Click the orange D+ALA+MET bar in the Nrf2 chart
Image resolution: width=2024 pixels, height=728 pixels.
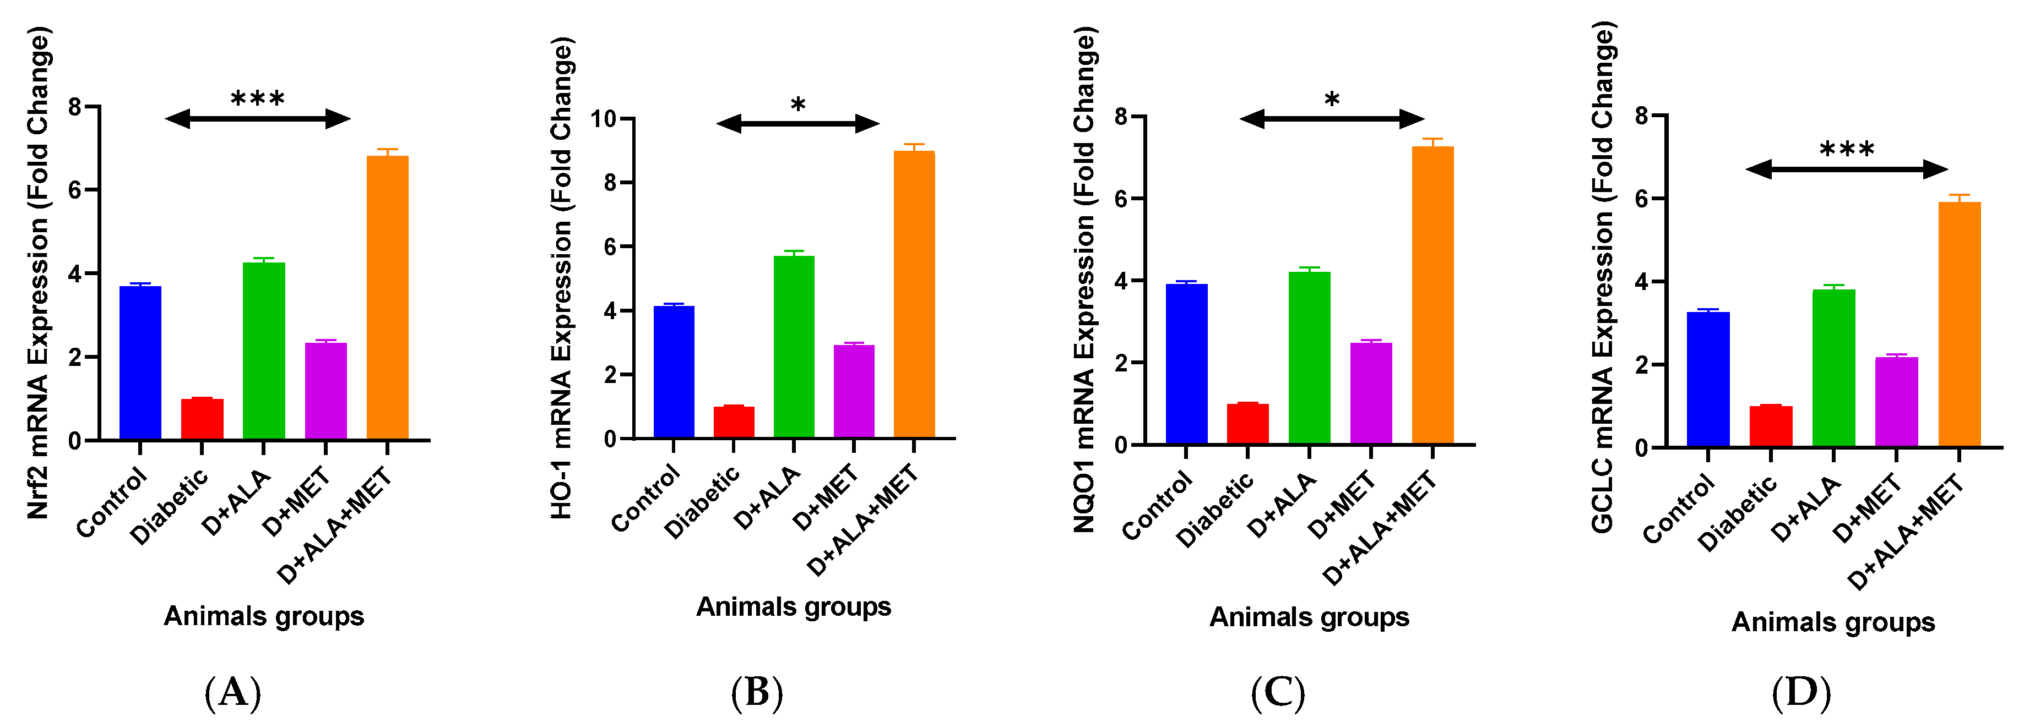tap(387, 298)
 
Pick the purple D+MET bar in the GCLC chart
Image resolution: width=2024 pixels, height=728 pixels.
tap(1896, 402)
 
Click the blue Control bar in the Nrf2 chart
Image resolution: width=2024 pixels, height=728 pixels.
tap(140, 363)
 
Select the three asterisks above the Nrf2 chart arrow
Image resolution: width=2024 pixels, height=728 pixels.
tap(257, 100)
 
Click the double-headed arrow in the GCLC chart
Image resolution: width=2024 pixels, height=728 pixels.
tap(1847, 169)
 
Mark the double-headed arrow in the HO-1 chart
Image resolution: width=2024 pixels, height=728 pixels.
tap(797, 123)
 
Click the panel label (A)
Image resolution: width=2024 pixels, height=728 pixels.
tap(232, 693)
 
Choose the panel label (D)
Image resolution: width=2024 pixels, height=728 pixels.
tap(1801, 693)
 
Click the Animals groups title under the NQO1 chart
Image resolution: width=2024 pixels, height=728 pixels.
tap(1309, 617)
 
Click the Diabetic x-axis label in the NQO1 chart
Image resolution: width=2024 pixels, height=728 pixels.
tap(1215, 511)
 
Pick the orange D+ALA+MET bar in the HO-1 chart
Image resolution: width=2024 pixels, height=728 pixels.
tap(914, 294)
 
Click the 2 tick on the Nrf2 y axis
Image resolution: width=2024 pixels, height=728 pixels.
tap(75, 357)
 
